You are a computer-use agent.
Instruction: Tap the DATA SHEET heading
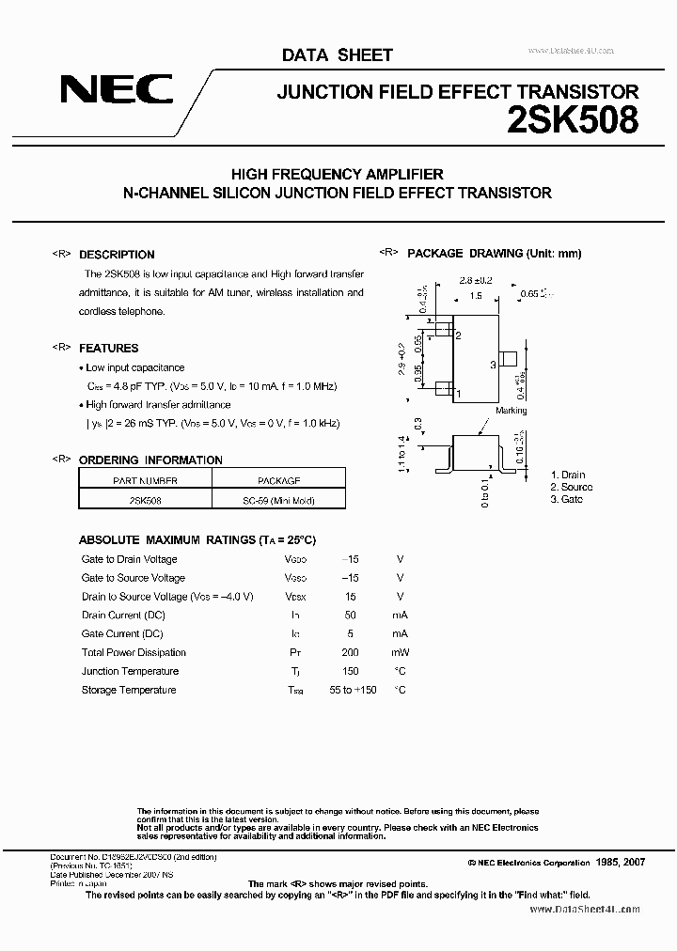click(x=337, y=55)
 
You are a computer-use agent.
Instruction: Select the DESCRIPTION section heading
click(x=117, y=255)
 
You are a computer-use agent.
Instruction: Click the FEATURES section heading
click(x=108, y=348)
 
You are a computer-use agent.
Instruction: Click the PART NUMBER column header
click(x=145, y=479)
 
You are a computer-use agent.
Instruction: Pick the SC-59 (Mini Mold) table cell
click(x=278, y=501)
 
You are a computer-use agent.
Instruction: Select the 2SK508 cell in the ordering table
click(x=145, y=501)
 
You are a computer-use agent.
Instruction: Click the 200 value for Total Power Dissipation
click(x=350, y=652)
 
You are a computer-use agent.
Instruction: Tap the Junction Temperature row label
click(x=130, y=671)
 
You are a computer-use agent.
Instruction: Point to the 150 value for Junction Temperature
click(x=350, y=671)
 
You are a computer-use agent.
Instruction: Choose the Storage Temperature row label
click(x=129, y=690)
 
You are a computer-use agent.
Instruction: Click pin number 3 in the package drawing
click(x=493, y=364)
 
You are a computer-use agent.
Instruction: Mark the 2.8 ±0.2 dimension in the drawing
click(x=476, y=280)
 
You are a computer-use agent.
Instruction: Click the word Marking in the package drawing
click(x=511, y=411)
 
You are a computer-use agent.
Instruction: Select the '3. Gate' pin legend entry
click(x=567, y=500)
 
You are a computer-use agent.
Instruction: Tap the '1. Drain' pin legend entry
click(x=568, y=475)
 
